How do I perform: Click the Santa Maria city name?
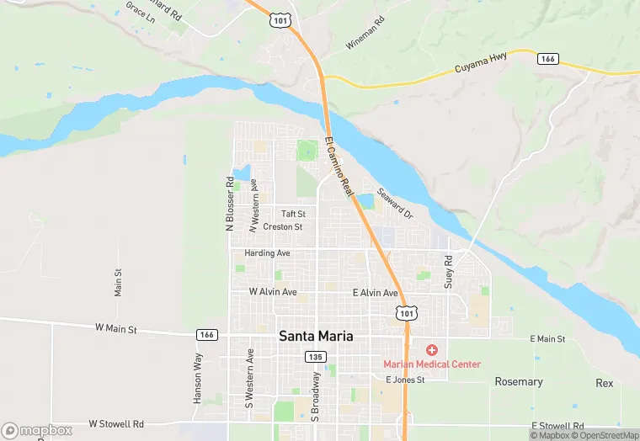tap(316, 337)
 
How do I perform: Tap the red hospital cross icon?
tap(432, 349)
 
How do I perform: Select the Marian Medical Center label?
tap(432, 364)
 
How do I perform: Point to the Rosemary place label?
tap(519, 381)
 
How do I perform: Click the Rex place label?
tap(604, 382)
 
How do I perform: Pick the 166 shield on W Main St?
tap(206, 334)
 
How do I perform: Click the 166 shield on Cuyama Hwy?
tap(548, 58)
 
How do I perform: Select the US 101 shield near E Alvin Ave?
tap(406, 313)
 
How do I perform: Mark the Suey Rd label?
tap(449, 272)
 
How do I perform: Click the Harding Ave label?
tap(267, 252)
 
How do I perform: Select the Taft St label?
tap(293, 214)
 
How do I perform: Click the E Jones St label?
tap(405, 380)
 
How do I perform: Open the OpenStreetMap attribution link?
tap(604, 435)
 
